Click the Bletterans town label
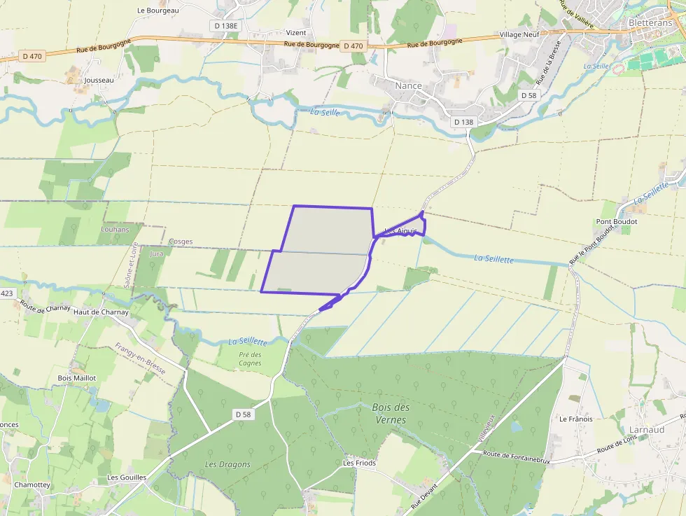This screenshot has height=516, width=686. pos(650,22)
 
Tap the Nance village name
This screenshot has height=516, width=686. pos(409,85)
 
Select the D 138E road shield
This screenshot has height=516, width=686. pos(225,25)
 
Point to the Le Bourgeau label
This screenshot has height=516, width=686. pos(158,11)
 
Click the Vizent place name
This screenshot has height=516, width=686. pos(296,33)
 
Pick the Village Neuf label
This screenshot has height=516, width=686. pos(519,34)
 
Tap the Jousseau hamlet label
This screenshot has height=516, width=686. pos(98,81)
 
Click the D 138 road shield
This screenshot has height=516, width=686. pos(463,122)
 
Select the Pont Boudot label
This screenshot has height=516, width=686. pos(617,221)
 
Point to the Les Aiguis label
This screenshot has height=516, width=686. pos(401,230)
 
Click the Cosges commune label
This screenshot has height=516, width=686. pos(181,242)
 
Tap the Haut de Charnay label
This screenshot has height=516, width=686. pos(101,312)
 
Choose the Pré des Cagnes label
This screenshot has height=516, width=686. pos(250,358)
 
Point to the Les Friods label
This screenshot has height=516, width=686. pos(359,463)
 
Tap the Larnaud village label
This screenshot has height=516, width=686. pos(647,429)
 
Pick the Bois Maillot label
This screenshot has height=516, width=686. pos(76,377)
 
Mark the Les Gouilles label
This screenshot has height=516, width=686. pos(127,477)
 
